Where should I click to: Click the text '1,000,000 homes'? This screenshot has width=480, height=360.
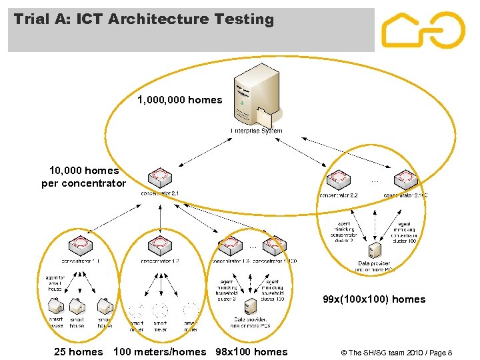coord(180,100)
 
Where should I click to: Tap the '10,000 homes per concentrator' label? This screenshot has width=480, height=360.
coord(83,177)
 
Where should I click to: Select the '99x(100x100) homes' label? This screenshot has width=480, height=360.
coord(373,299)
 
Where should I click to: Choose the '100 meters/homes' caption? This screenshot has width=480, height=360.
coord(160,351)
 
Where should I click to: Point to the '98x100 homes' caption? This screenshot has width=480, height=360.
coord(252,351)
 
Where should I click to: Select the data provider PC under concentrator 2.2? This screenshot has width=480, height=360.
coord(375,251)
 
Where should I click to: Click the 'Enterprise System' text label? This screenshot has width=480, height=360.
coord(257,131)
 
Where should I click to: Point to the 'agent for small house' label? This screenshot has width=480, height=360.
coord(55,284)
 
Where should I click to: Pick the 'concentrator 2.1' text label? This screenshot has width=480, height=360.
coord(160,193)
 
